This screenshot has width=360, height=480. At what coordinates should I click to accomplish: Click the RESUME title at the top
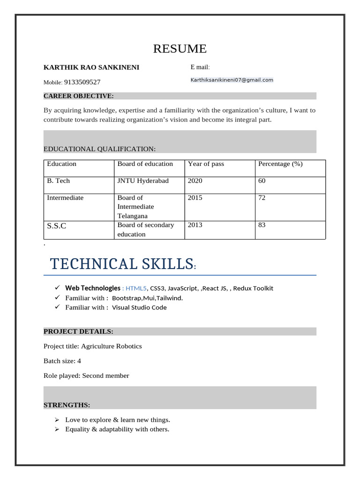[180, 49]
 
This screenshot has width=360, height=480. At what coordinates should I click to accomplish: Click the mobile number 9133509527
[82, 82]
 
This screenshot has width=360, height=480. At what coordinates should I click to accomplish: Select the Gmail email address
[232, 80]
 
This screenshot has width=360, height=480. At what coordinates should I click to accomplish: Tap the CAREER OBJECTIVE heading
[78, 96]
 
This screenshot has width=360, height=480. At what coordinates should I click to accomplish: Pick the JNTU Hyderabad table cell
[143, 181]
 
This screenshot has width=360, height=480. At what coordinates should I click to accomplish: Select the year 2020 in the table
[195, 181]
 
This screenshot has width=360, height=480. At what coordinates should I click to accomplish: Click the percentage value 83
[262, 225]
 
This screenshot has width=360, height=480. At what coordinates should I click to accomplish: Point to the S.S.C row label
[57, 226]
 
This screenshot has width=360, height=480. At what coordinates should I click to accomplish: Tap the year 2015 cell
[195, 198]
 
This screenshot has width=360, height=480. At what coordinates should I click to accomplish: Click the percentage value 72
[262, 198]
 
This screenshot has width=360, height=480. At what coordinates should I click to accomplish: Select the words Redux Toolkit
[253, 288]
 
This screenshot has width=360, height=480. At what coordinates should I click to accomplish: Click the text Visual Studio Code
[139, 307]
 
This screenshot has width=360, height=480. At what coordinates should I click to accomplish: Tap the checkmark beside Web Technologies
[57, 287]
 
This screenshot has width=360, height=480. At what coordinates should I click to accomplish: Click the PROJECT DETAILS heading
[78, 331]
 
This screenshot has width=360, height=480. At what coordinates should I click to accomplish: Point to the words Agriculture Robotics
[112, 346]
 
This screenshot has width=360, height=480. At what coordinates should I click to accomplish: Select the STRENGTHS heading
[67, 405]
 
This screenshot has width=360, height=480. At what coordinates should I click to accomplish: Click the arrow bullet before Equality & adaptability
[57, 429]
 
